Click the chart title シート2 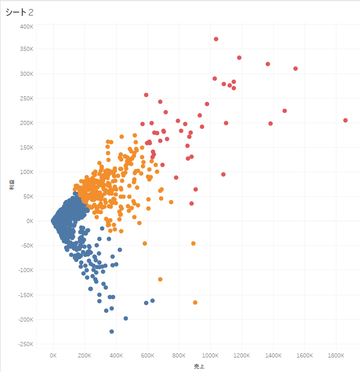tap(20, 12)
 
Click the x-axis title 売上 tap(199, 366)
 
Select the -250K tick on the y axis tap(25, 344)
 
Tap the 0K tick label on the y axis tap(30, 221)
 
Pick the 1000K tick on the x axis tap(210, 356)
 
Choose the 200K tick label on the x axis tap(84, 356)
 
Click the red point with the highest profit tap(216, 39)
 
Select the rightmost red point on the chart tap(345, 120)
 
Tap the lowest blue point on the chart tap(112, 332)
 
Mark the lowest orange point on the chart tap(195, 303)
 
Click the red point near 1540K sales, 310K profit tap(296, 69)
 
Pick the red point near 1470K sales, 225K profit tap(285, 111)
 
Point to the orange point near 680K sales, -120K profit tap(160, 279)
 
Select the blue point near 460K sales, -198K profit tap(126, 318)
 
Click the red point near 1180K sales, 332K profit tap(239, 58)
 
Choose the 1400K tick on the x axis tap(273, 356)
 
